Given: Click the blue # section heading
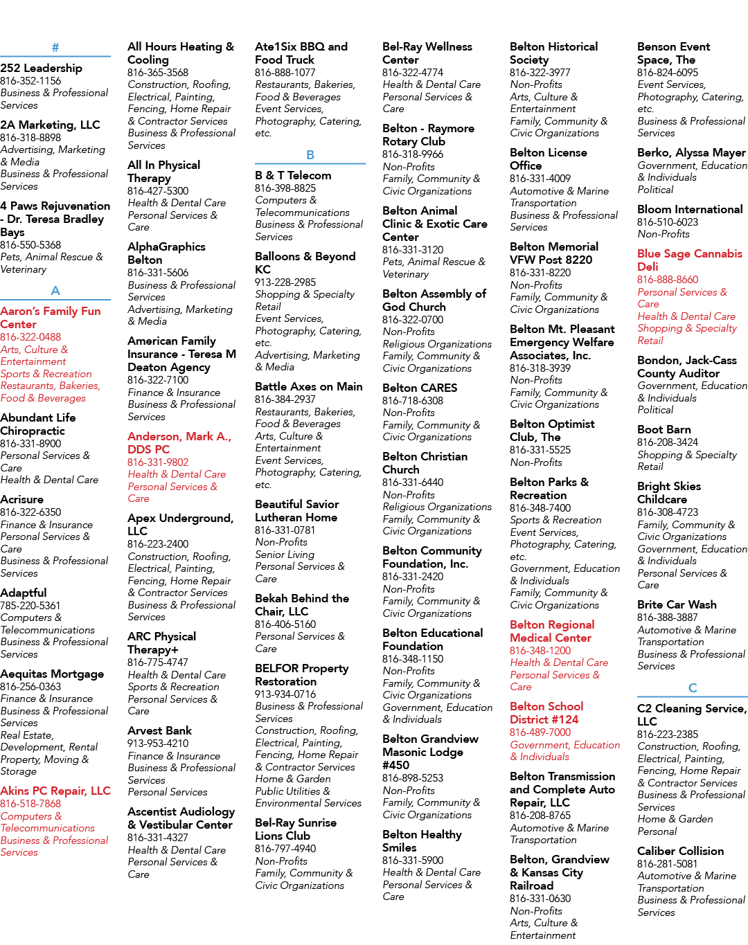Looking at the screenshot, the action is [55, 48].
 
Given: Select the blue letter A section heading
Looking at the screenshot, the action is [55, 291].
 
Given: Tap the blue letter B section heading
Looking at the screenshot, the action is [310, 155].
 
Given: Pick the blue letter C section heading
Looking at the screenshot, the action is [693, 687].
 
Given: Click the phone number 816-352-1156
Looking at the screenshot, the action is [30, 81].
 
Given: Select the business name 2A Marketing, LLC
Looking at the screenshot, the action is [50, 125].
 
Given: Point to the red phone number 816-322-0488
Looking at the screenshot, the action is [30, 337].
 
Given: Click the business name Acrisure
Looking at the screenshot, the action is [22, 500].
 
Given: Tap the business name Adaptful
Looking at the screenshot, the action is [24, 593].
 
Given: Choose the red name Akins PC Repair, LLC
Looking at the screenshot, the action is [55, 791].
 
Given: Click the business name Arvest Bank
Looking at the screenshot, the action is [159, 730].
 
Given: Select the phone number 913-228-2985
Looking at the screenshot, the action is [285, 282].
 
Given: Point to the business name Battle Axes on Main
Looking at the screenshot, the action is [308, 387].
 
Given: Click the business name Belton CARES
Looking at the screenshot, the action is [420, 388].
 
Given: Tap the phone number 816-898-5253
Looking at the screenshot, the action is [413, 778].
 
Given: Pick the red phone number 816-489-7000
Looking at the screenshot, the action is [540, 732].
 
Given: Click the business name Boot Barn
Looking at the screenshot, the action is [664, 430].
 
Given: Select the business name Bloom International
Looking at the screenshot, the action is [690, 210].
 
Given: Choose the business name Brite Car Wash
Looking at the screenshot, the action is [677, 604].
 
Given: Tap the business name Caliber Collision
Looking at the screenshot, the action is [680, 851].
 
